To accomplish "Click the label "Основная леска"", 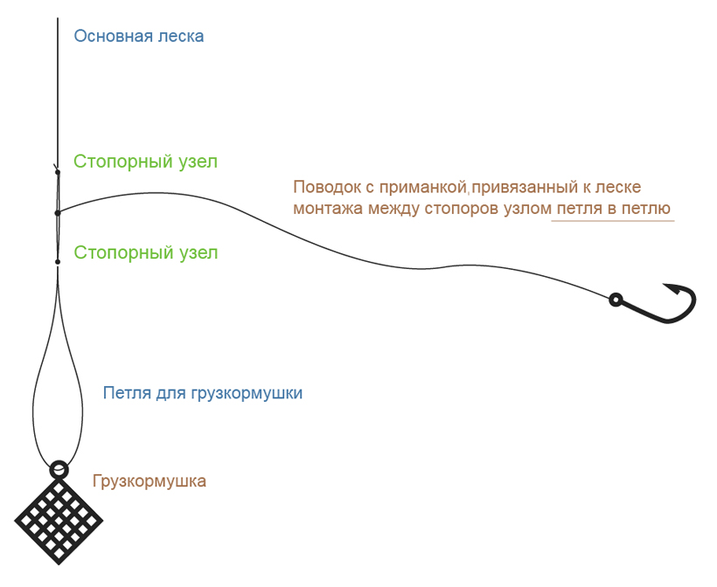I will pyautogui.click(x=138, y=36).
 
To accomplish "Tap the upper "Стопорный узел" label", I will pyautogui.click(x=145, y=162).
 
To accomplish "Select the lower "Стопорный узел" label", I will pyautogui.click(x=145, y=252).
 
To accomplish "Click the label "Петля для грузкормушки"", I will pyautogui.click(x=202, y=392).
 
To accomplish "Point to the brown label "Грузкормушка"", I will pyautogui.click(x=149, y=480).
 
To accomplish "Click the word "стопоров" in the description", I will pyautogui.click(x=477, y=209).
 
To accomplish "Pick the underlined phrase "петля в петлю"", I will pyautogui.click(x=613, y=209).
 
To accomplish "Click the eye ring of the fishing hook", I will pyautogui.click(x=616, y=300).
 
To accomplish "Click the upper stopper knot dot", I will pyautogui.click(x=58, y=173).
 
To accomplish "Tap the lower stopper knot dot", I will pyautogui.click(x=58, y=261).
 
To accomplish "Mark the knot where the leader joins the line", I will pyautogui.click(x=58, y=212).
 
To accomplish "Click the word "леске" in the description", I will pyautogui.click(x=617, y=187).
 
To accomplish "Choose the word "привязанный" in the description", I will pyautogui.click(x=519, y=187).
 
